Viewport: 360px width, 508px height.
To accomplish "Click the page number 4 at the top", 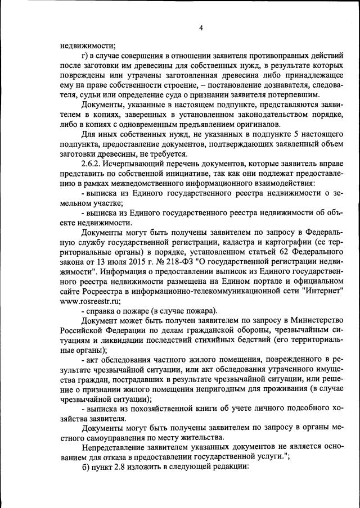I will (x=200, y=29).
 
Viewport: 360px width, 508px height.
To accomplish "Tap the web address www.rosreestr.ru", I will (x=85, y=301).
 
